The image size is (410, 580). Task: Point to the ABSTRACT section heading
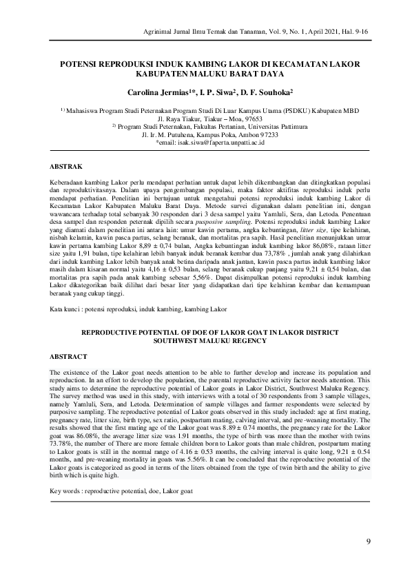pos(70,356)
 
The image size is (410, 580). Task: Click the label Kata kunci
pos(68,309)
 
